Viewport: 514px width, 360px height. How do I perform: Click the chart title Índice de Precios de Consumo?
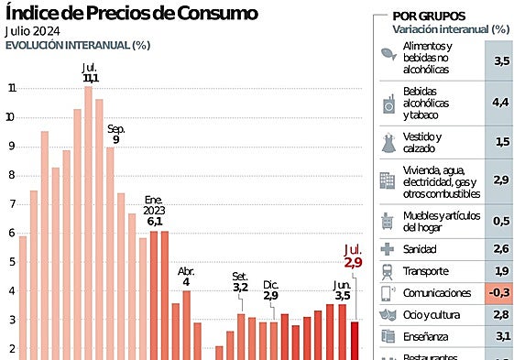pos(132,13)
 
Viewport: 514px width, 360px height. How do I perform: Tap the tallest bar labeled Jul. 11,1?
pos(89,220)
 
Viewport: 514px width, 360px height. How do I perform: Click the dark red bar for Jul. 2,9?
pos(355,339)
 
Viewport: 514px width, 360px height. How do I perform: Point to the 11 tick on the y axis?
pos(12,89)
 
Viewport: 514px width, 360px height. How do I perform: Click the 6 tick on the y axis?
pos(12,234)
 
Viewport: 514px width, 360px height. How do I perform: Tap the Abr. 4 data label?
pos(186,277)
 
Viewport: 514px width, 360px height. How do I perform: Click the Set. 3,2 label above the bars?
pos(240,281)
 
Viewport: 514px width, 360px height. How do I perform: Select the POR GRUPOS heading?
pos(428,16)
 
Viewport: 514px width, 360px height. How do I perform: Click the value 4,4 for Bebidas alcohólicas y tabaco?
pos(500,104)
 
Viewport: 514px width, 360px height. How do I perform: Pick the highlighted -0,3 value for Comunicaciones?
pos(500,293)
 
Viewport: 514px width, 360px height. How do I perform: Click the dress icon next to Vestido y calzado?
pos(388,142)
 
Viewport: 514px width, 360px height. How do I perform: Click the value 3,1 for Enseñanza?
pos(500,337)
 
